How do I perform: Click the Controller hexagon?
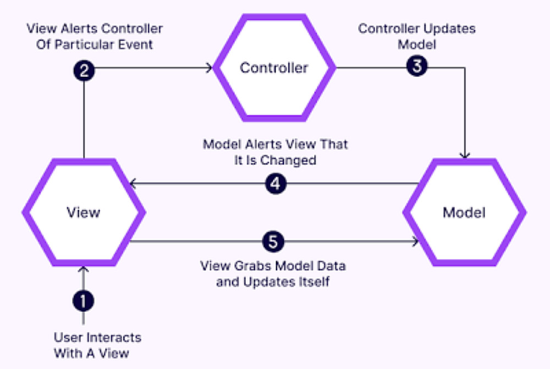(274, 68)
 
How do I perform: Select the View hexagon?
(84, 212)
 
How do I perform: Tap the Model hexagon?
(465, 212)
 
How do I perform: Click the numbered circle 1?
(84, 301)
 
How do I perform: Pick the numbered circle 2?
(84, 70)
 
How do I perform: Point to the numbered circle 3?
(417, 67)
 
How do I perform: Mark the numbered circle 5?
(273, 241)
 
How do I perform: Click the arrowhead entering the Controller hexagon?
(210, 68)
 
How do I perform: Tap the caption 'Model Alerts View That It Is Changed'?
(275, 152)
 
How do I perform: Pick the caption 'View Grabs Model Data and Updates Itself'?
(272, 274)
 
